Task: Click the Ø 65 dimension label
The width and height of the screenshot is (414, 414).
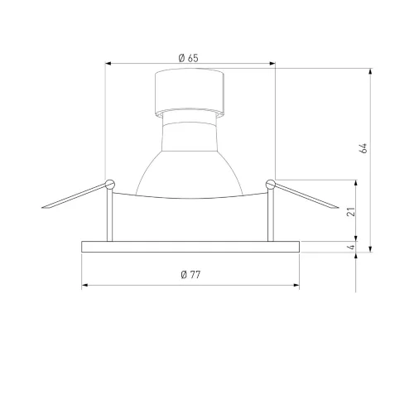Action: [x=188, y=58]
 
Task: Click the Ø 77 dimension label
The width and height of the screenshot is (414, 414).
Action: [x=190, y=275]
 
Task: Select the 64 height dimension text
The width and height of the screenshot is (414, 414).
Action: [x=363, y=148]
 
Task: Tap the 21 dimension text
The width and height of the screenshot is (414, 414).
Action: [x=351, y=212]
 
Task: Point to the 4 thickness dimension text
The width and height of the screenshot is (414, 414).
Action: [x=352, y=247]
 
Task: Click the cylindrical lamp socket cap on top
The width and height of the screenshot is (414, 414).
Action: [x=190, y=93]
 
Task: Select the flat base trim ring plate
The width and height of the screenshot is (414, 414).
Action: [x=190, y=247]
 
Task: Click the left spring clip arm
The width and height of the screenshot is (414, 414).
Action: [x=75, y=196]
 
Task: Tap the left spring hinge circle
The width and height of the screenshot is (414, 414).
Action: [x=110, y=184]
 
